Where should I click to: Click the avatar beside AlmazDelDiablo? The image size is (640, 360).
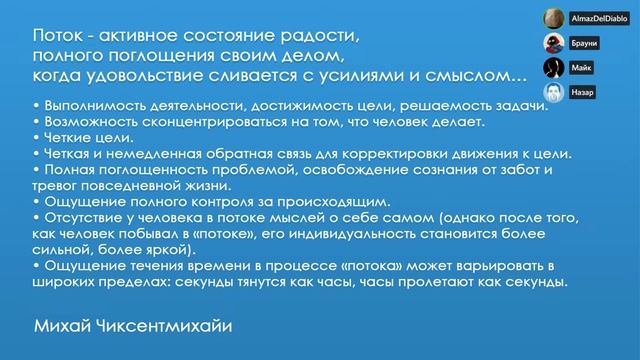coord(551,19)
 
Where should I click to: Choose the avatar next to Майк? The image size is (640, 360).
coord(551,68)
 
